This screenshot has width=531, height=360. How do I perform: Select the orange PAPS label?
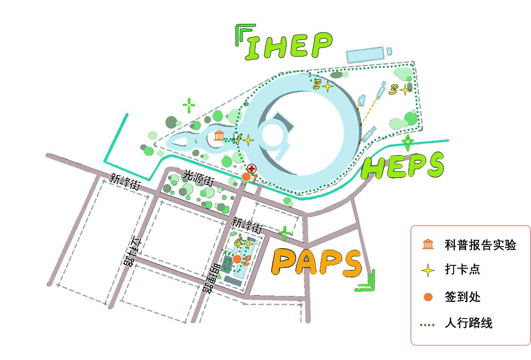(x=317, y=262)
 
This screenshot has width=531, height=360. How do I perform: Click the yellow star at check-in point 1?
(x=248, y=140)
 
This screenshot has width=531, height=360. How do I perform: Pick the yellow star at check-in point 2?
(x=327, y=86)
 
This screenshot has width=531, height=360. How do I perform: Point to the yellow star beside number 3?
(x=405, y=90)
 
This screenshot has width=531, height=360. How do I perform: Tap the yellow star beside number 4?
(x=248, y=243)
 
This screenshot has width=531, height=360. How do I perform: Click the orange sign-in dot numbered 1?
(x=246, y=177)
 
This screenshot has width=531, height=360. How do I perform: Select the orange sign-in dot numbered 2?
(x=237, y=259)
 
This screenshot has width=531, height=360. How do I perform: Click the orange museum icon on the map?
(x=219, y=136)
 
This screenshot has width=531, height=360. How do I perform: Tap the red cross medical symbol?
(x=251, y=169)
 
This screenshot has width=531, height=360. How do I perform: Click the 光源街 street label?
(x=199, y=178)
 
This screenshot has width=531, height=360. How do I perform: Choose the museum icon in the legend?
(x=428, y=244)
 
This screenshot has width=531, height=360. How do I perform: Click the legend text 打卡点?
(x=462, y=270)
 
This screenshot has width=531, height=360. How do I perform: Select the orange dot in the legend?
(x=428, y=297)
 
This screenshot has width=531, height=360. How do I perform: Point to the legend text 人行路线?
(x=469, y=323)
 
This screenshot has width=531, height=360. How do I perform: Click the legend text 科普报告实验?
(x=480, y=244)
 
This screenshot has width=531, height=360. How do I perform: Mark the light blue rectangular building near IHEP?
(x=365, y=54)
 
